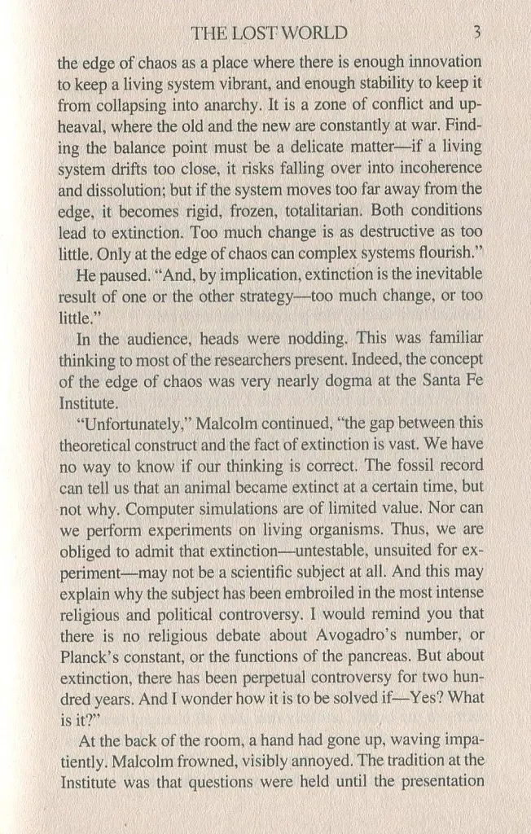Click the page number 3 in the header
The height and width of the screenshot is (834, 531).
478,33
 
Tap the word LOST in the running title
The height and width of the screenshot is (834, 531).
252,33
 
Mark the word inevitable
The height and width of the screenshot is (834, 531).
446,274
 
